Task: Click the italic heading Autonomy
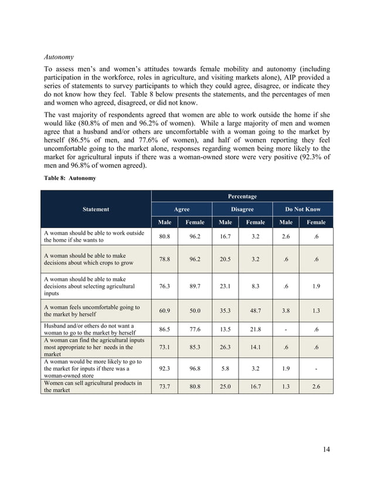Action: pos(59,58)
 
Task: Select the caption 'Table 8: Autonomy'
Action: pos(67,178)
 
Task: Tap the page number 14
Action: pos(327,449)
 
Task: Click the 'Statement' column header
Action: pos(96,209)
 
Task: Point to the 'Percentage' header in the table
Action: pos(242,196)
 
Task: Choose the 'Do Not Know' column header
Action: pos(302,209)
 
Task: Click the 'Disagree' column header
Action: pos(242,209)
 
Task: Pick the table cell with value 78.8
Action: pos(165,259)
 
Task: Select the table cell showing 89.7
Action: pos(195,287)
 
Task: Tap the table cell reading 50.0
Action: pos(195,311)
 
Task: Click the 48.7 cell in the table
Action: pos(256,311)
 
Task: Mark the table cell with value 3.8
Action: pos(285,311)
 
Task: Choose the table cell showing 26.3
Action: pos(225,347)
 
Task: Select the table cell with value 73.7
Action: pos(165,387)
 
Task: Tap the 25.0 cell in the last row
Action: pos(225,387)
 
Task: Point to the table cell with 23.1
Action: pos(225,287)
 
